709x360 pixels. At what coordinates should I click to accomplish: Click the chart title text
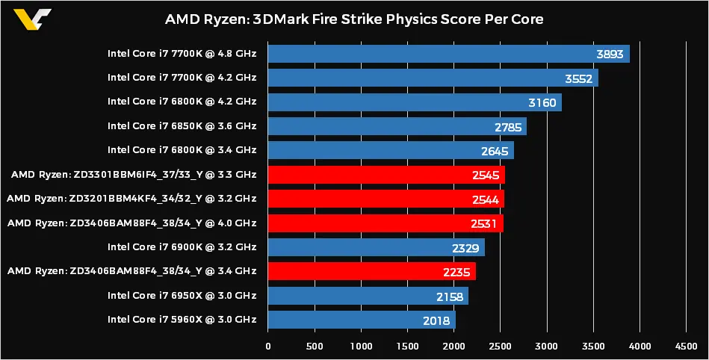coord(354,19)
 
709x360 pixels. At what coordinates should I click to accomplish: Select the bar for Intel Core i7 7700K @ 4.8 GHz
coord(448,54)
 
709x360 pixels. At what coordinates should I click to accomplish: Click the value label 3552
coord(580,78)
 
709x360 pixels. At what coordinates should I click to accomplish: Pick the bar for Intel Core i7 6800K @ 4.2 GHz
coord(415,102)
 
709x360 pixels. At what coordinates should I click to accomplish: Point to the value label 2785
coord(508,127)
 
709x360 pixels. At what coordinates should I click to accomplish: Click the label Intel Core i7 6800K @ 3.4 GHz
coord(182,151)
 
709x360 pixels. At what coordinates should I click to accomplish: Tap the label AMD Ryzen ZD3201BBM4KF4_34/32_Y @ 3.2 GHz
coord(131,199)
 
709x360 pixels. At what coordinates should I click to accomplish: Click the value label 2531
coord(486,223)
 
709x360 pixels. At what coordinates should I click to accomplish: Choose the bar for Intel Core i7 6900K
coord(376,247)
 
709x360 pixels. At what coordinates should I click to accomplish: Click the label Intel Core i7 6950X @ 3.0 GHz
coord(182,296)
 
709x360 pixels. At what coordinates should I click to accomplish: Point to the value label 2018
coord(436,320)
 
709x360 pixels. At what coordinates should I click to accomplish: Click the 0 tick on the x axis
coord(268,346)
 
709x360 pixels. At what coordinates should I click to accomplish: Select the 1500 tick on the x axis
coord(408,346)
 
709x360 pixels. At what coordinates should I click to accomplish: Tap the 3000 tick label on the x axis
coord(547,346)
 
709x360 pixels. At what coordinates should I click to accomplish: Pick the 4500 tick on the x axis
coord(686,346)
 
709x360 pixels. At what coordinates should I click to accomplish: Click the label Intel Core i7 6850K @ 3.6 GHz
coord(182,126)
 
